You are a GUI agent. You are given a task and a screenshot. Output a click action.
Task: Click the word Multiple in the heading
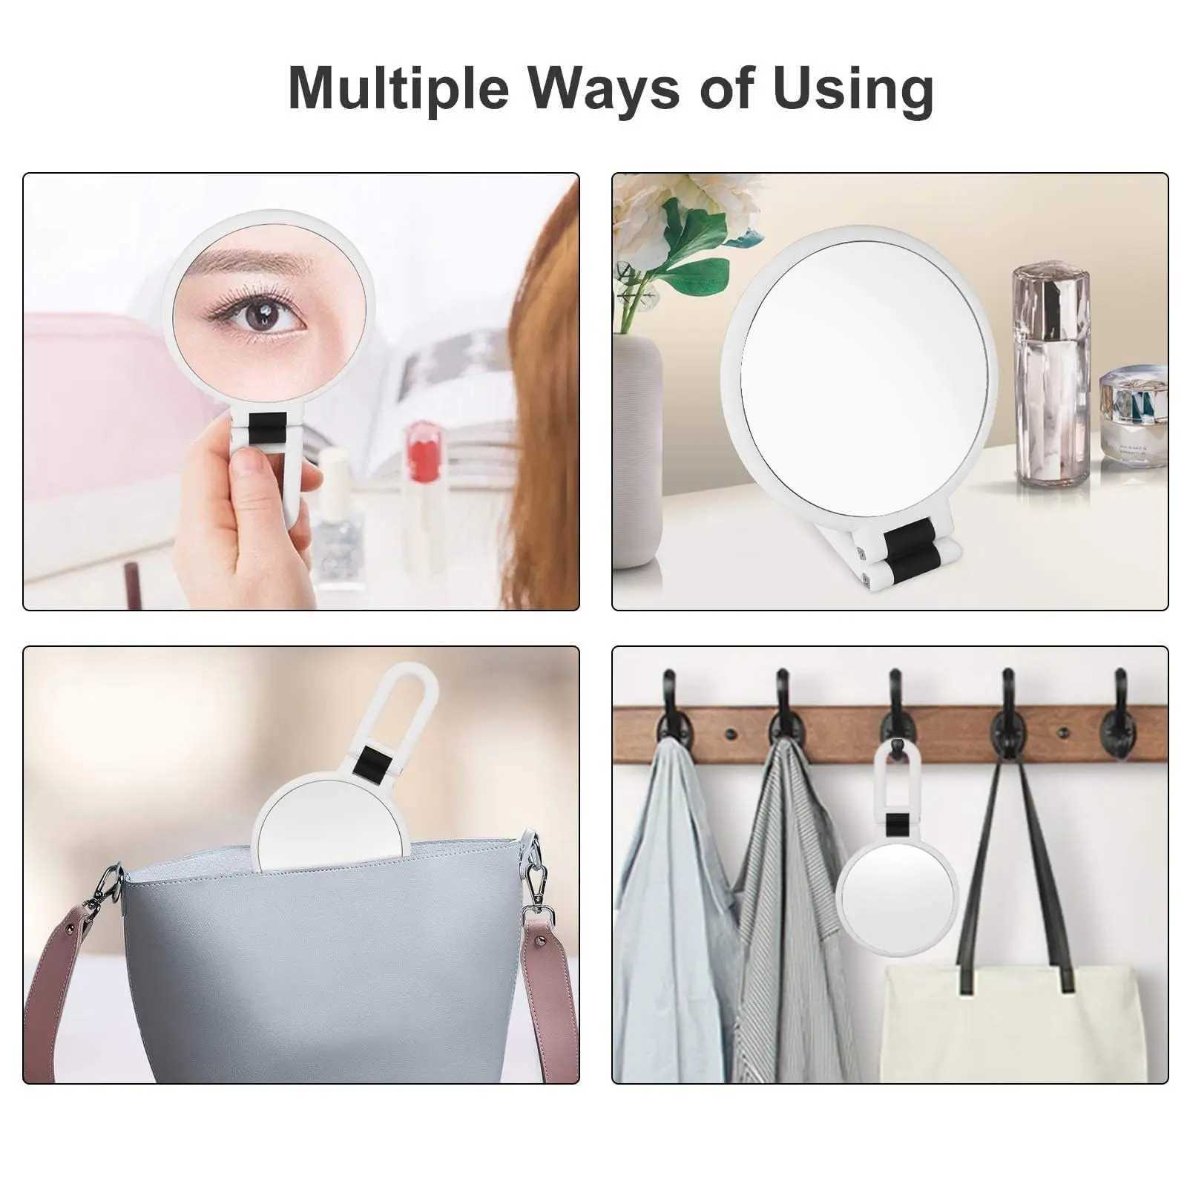pyautogui.click(x=398, y=88)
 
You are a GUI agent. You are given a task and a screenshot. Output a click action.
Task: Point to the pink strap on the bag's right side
pyautogui.click(x=553, y=995)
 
